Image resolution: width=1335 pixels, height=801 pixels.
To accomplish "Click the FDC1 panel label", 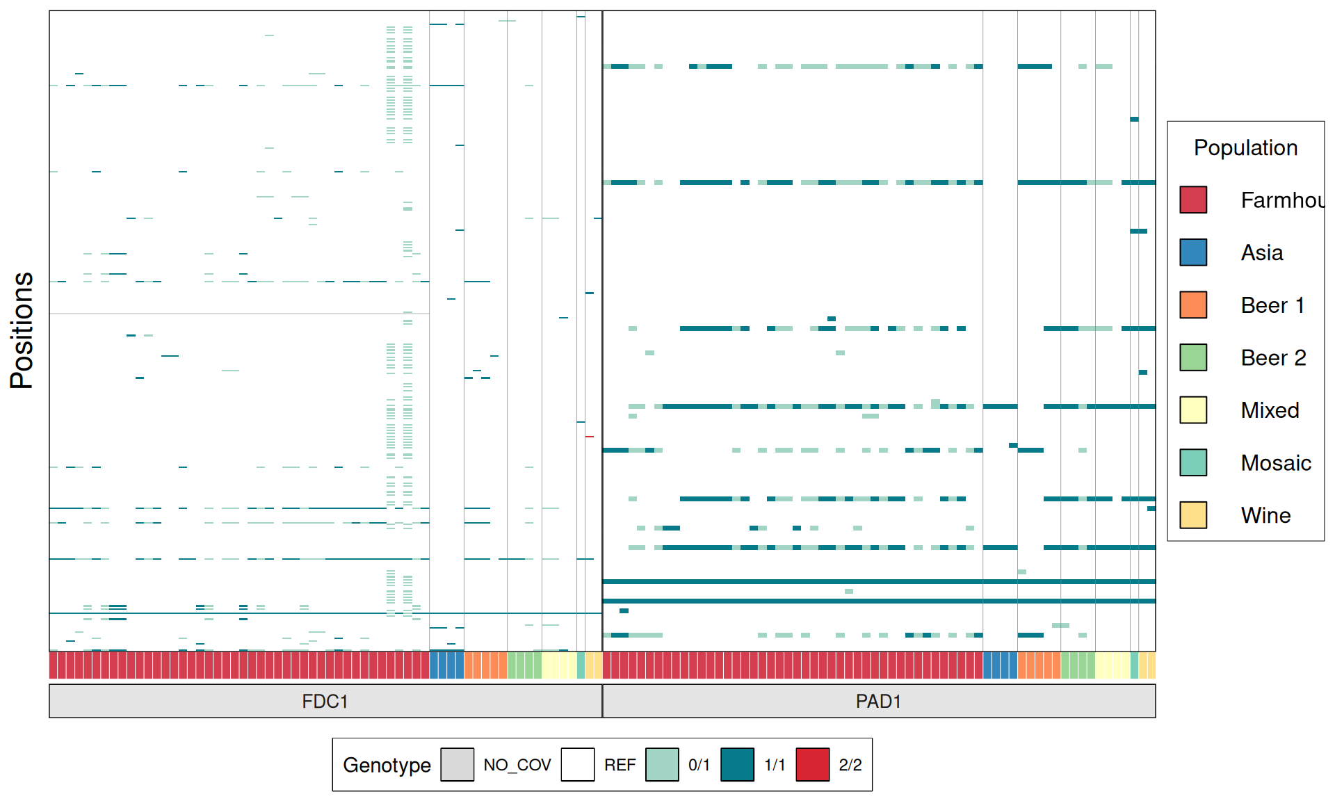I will [x=325, y=701].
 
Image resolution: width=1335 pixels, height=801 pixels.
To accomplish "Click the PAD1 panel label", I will [x=878, y=701].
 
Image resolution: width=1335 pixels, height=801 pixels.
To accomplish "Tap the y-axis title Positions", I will [x=22, y=330].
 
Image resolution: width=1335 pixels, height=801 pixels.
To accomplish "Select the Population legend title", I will [x=1245, y=147].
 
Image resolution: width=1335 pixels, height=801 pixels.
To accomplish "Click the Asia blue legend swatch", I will [x=1193, y=252].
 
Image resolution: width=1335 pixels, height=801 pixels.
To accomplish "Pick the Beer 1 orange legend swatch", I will [x=1193, y=305].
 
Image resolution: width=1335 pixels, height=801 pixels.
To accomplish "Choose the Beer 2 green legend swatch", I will [x=1193, y=357].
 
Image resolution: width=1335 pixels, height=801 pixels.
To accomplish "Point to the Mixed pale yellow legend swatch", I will [x=1193, y=410].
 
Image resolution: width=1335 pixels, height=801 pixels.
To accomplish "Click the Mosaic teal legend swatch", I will [x=1193, y=462].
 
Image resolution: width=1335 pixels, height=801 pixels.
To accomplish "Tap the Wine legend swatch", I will [x=1193, y=515].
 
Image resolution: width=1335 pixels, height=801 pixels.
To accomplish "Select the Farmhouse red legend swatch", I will [x=1193, y=200].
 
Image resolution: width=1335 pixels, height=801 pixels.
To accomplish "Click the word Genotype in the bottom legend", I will [x=387, y=765].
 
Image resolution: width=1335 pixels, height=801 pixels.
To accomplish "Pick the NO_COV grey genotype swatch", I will [x=458, y=765].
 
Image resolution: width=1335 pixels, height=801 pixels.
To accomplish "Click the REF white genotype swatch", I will [x=578, y=765].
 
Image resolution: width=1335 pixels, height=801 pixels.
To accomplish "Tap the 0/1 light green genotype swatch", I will [x=662, y=765].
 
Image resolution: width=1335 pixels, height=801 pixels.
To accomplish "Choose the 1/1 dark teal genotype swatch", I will [x=737, y=765].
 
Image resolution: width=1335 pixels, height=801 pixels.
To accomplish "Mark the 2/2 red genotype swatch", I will [x=812, y=765].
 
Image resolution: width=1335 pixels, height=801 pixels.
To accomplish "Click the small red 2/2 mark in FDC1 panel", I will [x=589, y=437].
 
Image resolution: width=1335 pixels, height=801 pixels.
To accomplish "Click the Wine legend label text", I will [x=1265, y=515].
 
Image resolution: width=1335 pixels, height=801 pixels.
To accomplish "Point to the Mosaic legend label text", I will [x=1276, y=463].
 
